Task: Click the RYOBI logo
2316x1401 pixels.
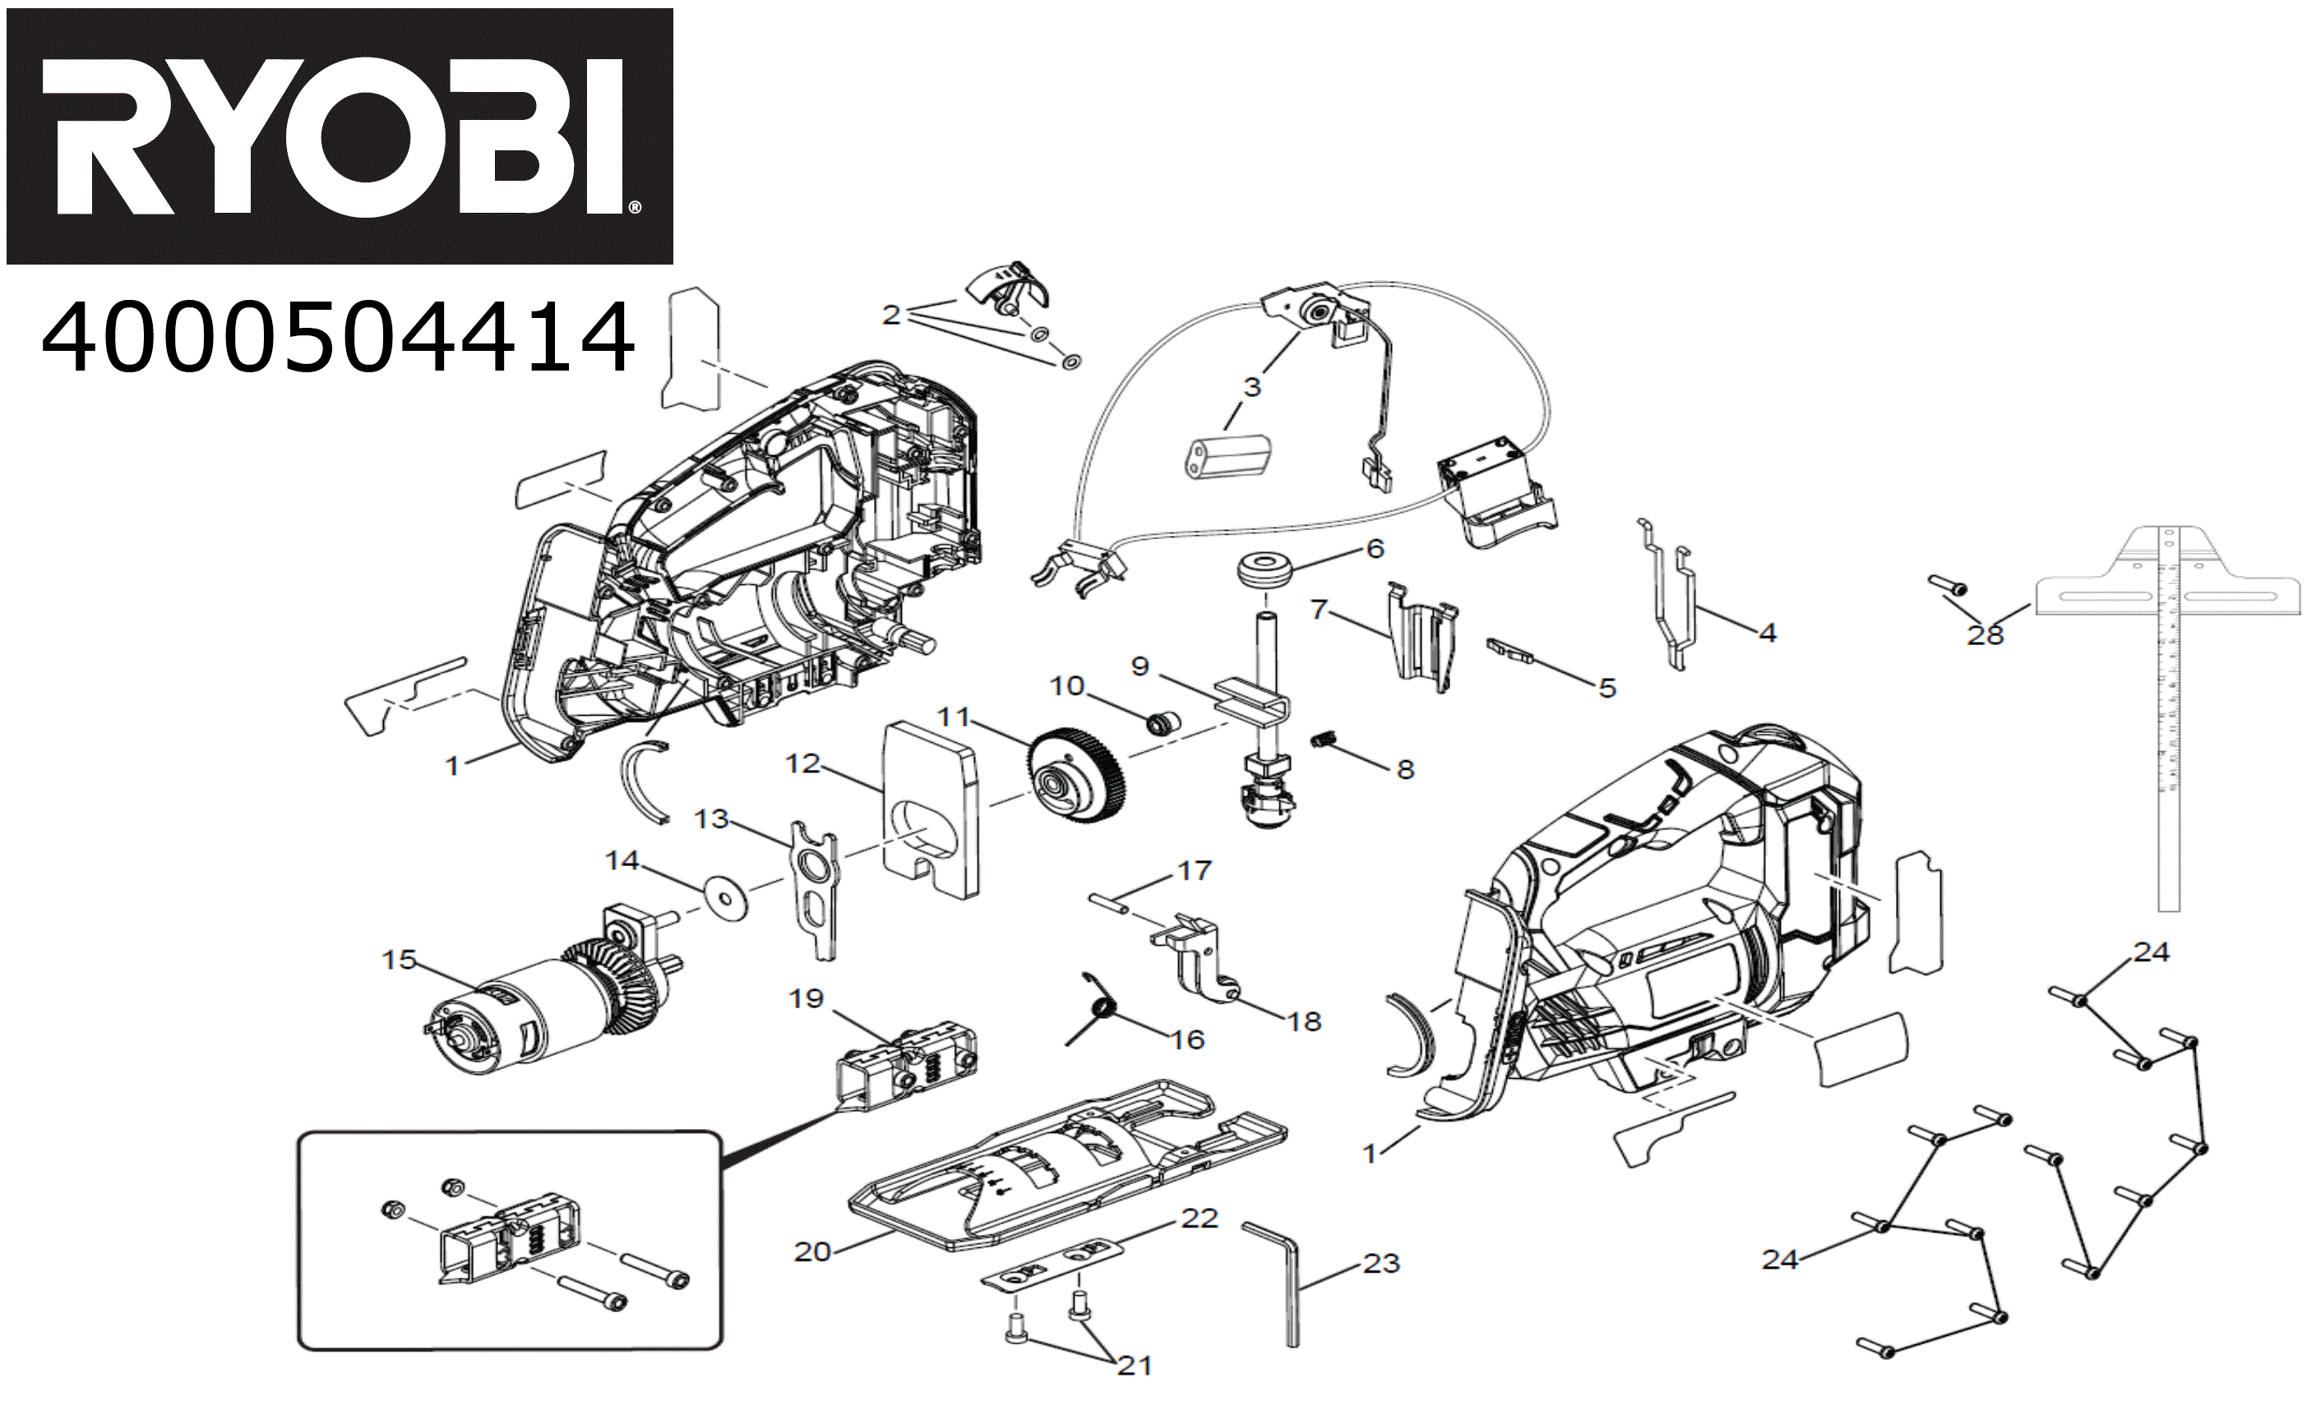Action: pos(340,136)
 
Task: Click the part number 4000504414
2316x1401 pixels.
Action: pos(337,336)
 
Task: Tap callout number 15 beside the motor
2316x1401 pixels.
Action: pos(399,960)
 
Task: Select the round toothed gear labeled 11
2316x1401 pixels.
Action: pos(1076,775)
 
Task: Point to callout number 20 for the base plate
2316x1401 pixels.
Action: pos(812,1251)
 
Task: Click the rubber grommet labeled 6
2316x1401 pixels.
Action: pos(1264,570)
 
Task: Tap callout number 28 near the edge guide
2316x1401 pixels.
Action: pos(1985,636)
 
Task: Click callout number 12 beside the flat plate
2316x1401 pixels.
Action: pos(802,763)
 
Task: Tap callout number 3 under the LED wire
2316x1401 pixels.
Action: pos(1252,386)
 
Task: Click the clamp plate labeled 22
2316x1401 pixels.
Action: pos(1052,1265)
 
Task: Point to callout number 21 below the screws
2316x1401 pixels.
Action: pos(1135,1366)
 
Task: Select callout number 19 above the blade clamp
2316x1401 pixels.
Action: pos(806,998)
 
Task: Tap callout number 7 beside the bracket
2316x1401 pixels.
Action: pos(1319,609)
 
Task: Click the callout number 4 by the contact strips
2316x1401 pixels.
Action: pos(1768,633)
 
